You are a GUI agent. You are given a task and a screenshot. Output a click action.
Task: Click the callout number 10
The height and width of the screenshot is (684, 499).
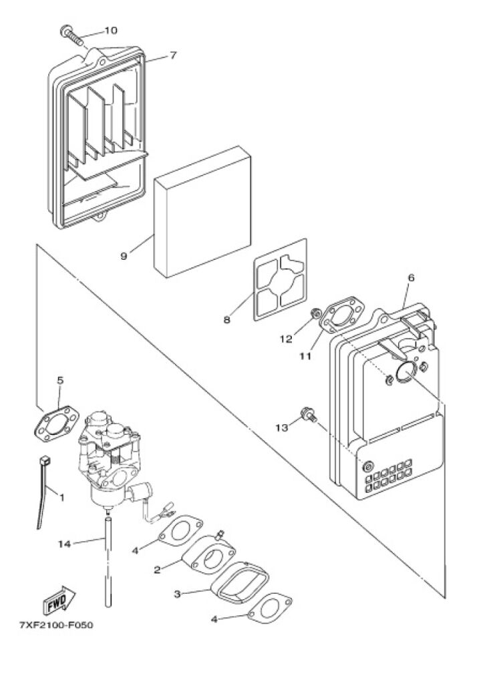(x=110, y=31)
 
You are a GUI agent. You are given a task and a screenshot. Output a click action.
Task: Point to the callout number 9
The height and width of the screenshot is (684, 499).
(x=124, y=255)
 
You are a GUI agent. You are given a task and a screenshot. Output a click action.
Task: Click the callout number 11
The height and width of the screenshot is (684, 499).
(x=305, y=356)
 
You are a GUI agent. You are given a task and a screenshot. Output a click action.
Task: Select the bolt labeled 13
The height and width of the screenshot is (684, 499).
(x=308, y=414)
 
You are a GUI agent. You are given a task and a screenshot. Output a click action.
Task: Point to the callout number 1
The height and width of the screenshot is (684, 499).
(x=61, y=497)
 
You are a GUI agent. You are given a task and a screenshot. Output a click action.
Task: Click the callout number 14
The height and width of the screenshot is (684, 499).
(x=64, y=544)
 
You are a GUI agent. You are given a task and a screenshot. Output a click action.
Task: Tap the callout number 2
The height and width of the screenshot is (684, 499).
(x=157, y=570)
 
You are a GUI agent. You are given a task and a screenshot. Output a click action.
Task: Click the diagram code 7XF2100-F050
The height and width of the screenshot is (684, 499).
(x=56, y=627)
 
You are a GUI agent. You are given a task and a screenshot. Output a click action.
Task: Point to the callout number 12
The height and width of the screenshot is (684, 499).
(x=286, y=339)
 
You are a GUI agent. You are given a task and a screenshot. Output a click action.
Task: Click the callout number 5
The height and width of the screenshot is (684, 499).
(x=60, y=380)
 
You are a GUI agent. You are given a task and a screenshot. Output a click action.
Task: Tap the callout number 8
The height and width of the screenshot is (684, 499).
(x=227, y=320)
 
